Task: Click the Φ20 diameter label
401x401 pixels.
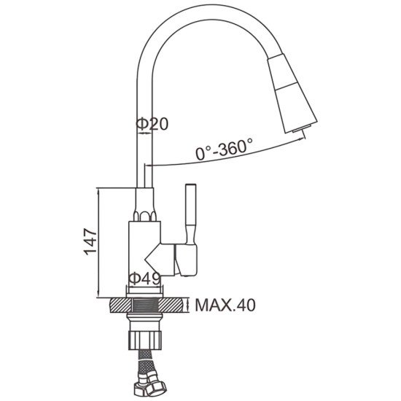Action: click(152, 124)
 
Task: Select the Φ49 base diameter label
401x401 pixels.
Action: click(145, 278)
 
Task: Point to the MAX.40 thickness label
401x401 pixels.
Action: click(225, 305)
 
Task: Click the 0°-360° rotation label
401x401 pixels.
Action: click(225, 149)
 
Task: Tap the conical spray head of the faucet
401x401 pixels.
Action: click(292, 93)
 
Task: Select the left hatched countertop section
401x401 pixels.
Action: click(120, 305)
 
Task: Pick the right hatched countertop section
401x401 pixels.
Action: click(174, 305)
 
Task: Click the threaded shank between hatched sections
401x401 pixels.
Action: click(145, 305)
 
